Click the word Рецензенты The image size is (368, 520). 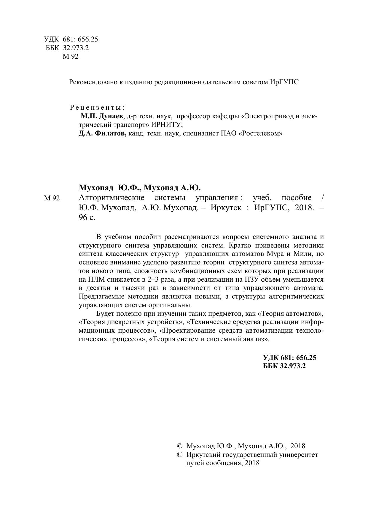pos(97,107)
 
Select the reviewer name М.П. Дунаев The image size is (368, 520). pos(102,116)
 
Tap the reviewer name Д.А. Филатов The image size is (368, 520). pos(103,134)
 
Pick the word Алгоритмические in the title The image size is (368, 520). pos(111,198)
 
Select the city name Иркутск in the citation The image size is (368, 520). pos(226,208)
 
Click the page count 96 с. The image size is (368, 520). pos(87,218)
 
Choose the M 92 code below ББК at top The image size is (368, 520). pos(71,57)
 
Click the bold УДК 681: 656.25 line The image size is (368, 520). pos(289,358)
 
